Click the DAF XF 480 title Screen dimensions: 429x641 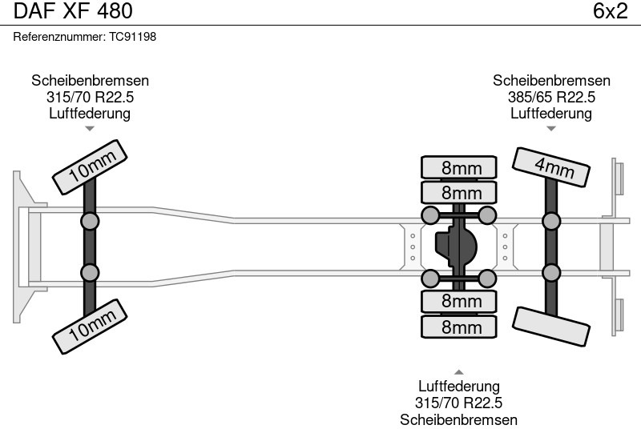[x=73, y=11]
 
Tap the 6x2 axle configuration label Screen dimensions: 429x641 [x=610, y=11]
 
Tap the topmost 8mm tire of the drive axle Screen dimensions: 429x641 [x=459, y=167]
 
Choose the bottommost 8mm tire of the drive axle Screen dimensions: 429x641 [x=459, y=327]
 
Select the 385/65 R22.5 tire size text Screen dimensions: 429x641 [x=551, y=97]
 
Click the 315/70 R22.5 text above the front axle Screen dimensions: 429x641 [x=91, y=97]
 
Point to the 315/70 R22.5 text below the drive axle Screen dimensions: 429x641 [x=459, y=403]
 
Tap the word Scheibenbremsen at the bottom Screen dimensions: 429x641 [x=459, y=419]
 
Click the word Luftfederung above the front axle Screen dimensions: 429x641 [x=91, y=113]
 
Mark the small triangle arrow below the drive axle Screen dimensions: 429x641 [x=459, y=371]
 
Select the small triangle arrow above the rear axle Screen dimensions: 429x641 [x=551, y=128]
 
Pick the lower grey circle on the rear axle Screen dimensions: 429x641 [x=550, y=273]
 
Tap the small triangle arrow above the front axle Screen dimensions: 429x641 [x=91, y=128]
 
